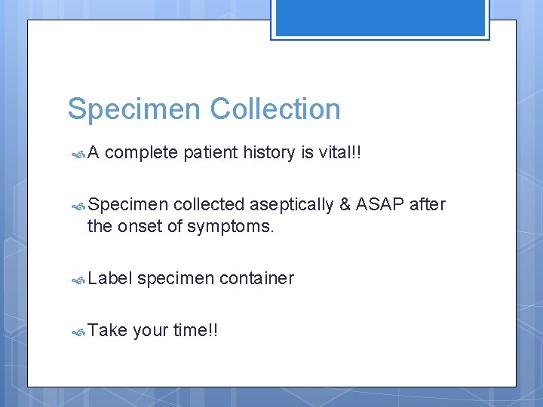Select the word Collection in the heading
click(x=275, y=109)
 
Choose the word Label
click(x=109, y=278)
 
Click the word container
click(x=256, y=279)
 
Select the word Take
click(x=107, y=330)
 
